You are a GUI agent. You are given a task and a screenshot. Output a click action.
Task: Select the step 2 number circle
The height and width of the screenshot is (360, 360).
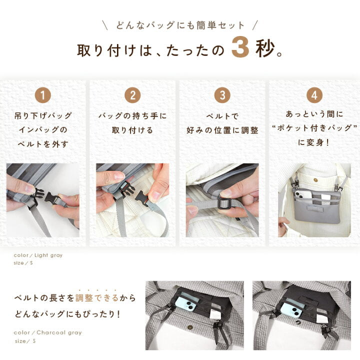click(132, 95)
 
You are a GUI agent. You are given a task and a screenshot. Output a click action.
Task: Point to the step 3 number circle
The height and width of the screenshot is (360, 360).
click(222, 95)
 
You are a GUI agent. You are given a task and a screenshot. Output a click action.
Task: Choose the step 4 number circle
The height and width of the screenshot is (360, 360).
click(314, 95)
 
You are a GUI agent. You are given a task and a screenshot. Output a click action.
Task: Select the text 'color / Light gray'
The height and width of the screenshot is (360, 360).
click(38, 255)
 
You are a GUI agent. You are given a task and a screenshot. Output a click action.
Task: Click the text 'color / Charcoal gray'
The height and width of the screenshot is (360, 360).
click(47, 332)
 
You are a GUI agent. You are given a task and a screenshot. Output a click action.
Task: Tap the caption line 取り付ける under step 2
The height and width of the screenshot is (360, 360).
click(132, 130)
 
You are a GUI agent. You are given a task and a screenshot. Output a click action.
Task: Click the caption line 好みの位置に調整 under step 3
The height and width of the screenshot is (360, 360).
click(222, 130)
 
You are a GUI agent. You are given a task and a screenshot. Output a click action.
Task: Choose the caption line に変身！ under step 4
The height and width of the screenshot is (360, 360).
click(314, 142)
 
